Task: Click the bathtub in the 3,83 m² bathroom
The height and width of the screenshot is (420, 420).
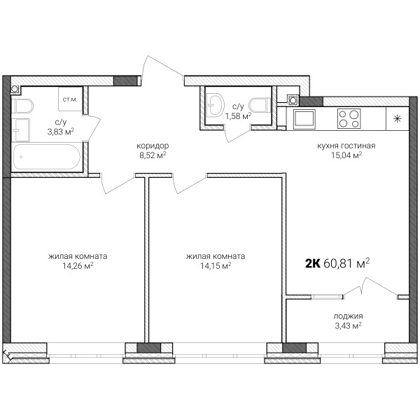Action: pyautogui.click(x=47, y=157)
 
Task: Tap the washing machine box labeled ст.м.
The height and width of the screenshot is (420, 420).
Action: pyautogui.click(x=71, y=99)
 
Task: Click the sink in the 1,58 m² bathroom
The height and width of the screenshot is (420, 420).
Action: pyautogui.click(x=216, y=104)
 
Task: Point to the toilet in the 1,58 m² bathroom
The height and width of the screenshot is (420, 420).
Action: pyautogui.click(x=260, y=105)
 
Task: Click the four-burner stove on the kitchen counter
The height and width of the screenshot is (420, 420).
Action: pyautogui.click(x=349, y=119)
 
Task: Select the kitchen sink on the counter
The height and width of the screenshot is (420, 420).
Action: pyautogui.click(x=304, y=118)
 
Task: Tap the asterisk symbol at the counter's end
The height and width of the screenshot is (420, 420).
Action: pyautogui.click(x=397, y=119)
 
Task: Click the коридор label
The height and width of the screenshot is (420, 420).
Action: pyautogui.click(x=153, y=146)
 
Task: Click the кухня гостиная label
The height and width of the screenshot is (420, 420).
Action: pyautogui.click(x=346, y=146)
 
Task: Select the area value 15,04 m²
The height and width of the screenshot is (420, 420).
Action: pyautogui.click(x=346, y=155)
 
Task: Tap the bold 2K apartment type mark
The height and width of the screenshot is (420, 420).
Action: pyautogui.click(x=313, y=264)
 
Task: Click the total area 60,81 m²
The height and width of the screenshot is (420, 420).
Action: pyautogui.click(x=346, y=263)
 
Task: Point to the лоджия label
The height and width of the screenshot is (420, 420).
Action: pyautogui.click(x=348, y=316)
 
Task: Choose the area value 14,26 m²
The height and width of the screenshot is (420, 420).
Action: pyautogui.click(x=78, y=266)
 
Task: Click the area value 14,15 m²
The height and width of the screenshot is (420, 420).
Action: pyautogui.click(x=216, y=266)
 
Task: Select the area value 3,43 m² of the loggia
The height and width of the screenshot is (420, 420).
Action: pyautogui.click(x=348, y=325)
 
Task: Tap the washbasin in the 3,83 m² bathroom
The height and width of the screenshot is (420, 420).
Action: pyautogui.click(x=21, y=130)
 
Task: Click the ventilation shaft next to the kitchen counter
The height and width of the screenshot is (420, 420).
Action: pyautogui.click(x=293, y=100)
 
